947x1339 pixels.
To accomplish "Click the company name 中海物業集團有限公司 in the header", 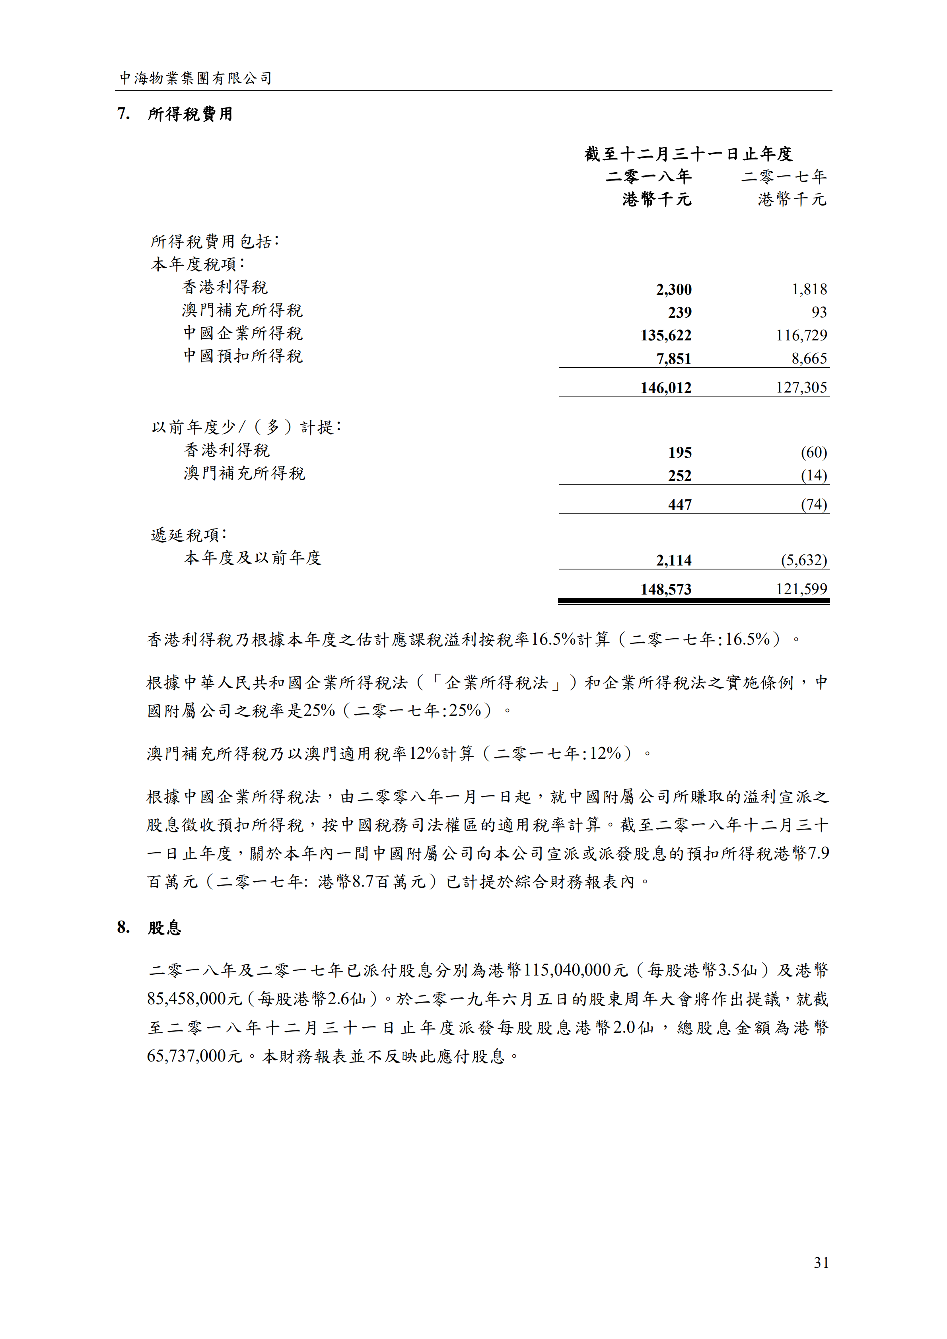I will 195,78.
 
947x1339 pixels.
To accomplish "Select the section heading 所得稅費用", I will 190,114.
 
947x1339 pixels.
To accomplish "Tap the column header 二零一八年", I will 648,176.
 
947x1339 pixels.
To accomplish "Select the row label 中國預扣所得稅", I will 243,356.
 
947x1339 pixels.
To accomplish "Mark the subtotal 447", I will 680,505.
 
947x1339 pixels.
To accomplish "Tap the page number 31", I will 821,1263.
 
